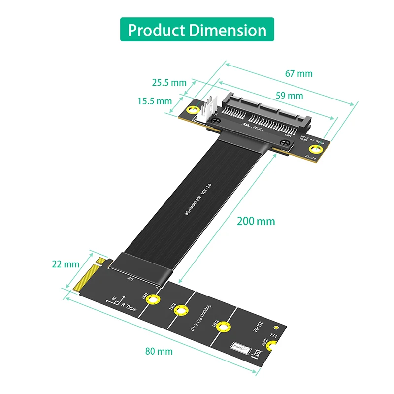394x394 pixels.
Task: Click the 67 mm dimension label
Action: (298, 73)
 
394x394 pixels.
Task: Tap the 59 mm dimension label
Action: (289, 96)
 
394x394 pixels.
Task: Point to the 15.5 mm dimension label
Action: (155, 101)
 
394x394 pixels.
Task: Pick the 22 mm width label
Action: (66, 264)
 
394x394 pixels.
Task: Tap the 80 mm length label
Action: (159, 351)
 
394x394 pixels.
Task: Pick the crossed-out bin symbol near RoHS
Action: (256, 353)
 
